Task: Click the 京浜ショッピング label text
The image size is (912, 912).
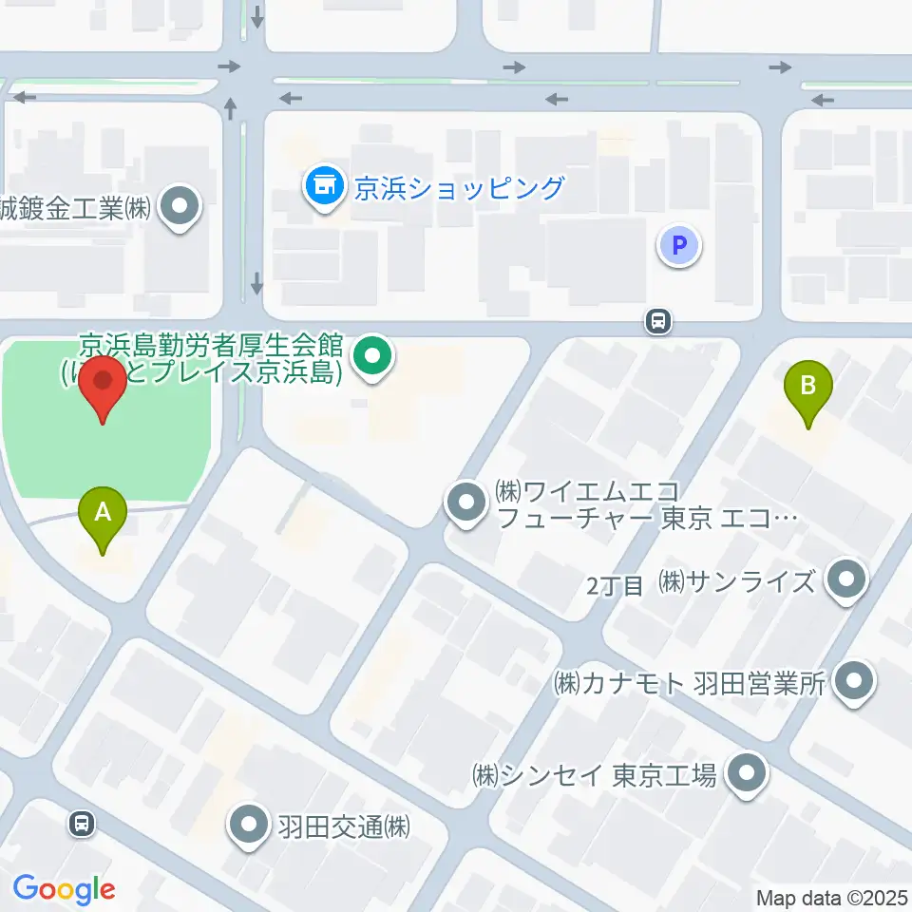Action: (x=459, y=187)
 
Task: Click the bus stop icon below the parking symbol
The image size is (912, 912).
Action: (x=657, y=322)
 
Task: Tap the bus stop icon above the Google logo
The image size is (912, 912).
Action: (x=83, y=824)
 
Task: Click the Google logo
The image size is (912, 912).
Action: (x=64, y=889)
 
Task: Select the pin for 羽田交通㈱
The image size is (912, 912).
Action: (x=250, y=826)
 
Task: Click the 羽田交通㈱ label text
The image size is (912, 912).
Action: (x=343, y=826)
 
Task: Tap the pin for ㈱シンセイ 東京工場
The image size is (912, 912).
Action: (x=747, y=774)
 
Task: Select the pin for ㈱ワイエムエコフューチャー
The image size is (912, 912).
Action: (x=465, y=503)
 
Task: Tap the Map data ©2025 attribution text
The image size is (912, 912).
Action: (x=832, y=898)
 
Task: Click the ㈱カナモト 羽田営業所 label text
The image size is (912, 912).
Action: (x=691, y=682)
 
